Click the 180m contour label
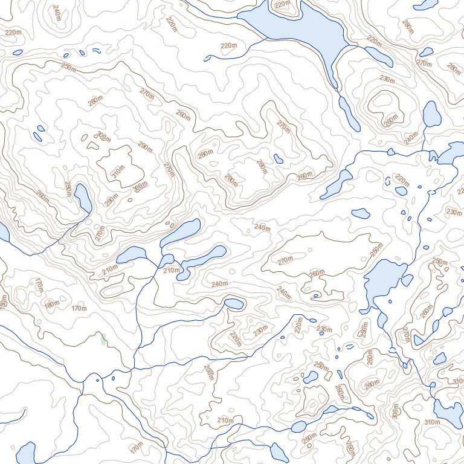pos(52,303)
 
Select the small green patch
pos(103,339)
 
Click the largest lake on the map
pos(296,27)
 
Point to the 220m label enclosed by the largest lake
pos(282,5)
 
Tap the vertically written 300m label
pos(396,411)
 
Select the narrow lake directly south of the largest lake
pos(349,112)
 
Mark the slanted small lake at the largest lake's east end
pos(379,56)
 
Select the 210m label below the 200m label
pos(225,420)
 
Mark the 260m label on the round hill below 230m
pos(391,119)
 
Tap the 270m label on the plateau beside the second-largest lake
pos(285,261)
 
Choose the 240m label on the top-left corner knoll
pos(57,13)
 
